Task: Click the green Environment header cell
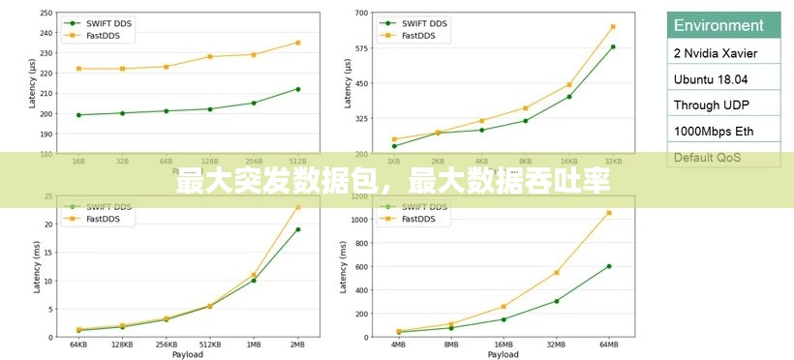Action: click(x=723, y=25)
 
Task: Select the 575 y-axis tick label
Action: click(x=361, y=48)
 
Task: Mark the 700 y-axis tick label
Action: click(x=361, y=13)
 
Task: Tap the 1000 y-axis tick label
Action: click(x=359, y=220)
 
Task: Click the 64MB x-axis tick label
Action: click(x=609, y=344)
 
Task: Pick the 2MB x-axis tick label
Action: click(x=297, y=344)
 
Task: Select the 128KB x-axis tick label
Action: click(x=122, y=344)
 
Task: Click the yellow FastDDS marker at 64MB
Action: click(x=609, y=213)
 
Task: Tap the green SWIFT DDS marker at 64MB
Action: click(x=609, y=266)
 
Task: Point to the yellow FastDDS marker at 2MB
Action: click(x=297, y=207)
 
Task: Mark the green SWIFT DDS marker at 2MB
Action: click(x=297, y=229)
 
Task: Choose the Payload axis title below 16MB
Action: click(x=503, y=354)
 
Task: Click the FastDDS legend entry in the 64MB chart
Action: click(x=424, y=220)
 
